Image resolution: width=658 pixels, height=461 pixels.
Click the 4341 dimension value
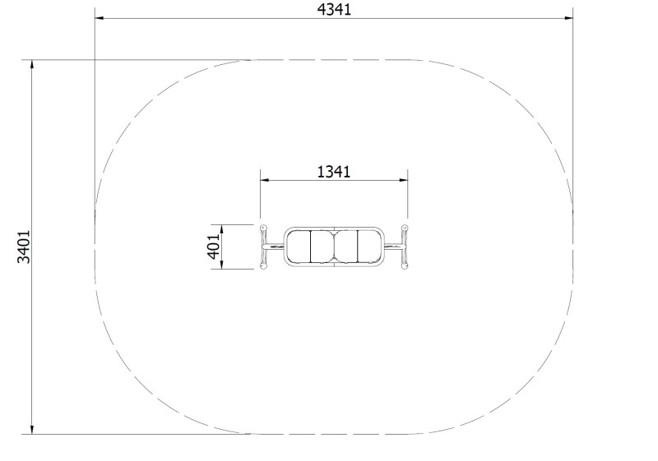coord(334,10)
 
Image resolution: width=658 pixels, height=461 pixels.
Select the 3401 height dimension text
coord(24,247)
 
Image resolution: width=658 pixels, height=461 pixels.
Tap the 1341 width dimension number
coord(334,172)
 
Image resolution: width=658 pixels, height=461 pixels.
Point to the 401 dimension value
coord(214,247)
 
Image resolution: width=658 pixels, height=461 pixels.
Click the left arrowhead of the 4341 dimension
coord(99,18)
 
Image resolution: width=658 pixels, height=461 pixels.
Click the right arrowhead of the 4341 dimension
coord(568,18)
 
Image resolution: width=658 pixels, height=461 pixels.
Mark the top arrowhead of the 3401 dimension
coord(32,65)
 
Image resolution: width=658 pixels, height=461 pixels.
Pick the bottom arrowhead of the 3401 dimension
coord(32,430)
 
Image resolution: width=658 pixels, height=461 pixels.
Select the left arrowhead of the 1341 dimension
coord(264,180)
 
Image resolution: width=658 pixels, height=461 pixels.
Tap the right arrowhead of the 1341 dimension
coord(403,180)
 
